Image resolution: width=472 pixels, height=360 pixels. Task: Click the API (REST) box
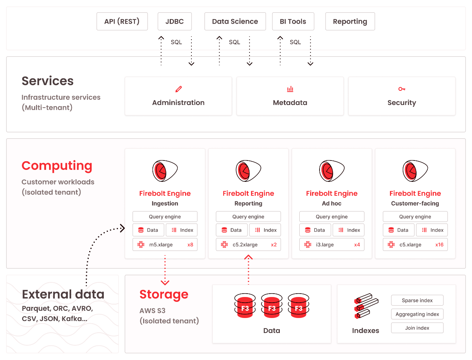coord(122,21)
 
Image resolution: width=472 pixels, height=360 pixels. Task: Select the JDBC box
coord(175,21)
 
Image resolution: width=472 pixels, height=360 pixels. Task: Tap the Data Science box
coord(235,21)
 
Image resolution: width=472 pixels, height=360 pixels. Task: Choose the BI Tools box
coord(293,21)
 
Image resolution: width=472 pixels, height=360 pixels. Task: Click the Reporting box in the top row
coord(350,21)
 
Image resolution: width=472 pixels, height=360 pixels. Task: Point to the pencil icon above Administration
coord(178,89)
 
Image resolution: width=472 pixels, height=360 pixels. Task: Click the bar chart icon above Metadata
coord(290,89)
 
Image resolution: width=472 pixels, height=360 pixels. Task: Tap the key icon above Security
coord(402,89)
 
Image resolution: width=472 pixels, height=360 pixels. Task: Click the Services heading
coord(48,81)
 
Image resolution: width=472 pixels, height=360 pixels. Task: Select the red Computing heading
coord(57,166)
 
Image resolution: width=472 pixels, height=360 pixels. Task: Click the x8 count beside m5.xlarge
coord(190,244)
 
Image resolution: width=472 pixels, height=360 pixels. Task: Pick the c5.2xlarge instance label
coord(245,244)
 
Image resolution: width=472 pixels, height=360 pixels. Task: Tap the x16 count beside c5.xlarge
coord(439,244)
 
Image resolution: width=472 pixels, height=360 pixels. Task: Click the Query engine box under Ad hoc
coord(332,217)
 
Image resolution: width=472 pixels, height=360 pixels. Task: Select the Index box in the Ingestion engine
coord(181,230)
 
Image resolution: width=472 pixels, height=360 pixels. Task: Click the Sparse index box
coord(417,300)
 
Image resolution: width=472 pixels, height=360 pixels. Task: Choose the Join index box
coord(417,328)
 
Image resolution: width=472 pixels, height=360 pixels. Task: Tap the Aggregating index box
coord(417,314)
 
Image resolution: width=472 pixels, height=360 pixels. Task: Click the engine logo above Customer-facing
coord(415,171)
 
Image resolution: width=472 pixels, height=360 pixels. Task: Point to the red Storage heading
coord(164,295)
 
